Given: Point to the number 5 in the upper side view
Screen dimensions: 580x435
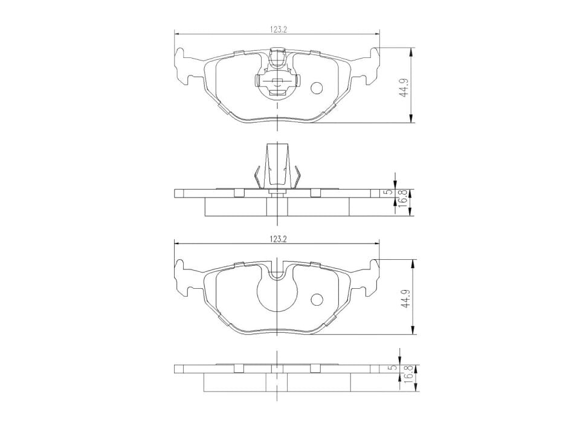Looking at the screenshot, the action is point(388,192).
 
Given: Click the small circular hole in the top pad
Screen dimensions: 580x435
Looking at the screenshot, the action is point(317,88).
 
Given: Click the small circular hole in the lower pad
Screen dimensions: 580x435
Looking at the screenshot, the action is point(317,299).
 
